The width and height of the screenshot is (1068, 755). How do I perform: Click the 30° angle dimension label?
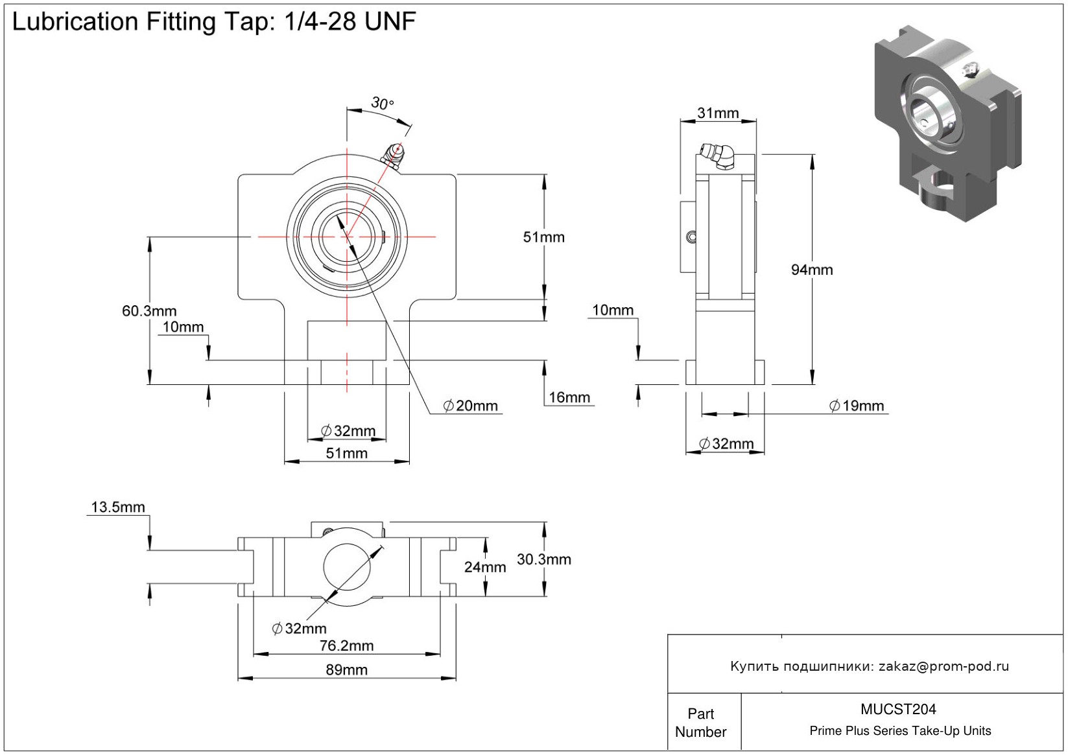(x=382, y=103)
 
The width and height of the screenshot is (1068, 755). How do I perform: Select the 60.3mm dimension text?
(x=149, y=311)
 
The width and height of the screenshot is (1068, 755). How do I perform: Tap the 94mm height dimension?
(x=812, y=270)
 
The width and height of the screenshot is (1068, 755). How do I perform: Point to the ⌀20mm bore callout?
(x=471, y=406)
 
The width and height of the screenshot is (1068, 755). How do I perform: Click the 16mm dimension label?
(x=569, y=397)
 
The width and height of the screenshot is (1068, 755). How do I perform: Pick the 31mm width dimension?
(x=718, y=113)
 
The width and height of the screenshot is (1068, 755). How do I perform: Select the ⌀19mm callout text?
(x=857, y=406)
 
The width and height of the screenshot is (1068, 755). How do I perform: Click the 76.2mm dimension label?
(x=346, y=645)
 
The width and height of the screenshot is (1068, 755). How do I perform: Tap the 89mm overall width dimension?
(x=346, y=669)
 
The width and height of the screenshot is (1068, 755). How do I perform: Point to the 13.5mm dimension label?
(x=118, y=507)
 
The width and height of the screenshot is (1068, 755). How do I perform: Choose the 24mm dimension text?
(x=485, y=567)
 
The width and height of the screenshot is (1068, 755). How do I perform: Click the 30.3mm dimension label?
(x=543, y=559)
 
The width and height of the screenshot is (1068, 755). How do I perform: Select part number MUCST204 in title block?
(x=898, y=709)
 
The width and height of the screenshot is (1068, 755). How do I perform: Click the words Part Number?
(x=701, y=723)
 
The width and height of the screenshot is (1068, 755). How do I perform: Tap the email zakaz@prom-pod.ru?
(x=943, y=666)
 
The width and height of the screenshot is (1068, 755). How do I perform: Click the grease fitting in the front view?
(x=393, y=156)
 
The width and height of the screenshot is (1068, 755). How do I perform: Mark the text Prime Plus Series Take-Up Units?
(x=900, y=731)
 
